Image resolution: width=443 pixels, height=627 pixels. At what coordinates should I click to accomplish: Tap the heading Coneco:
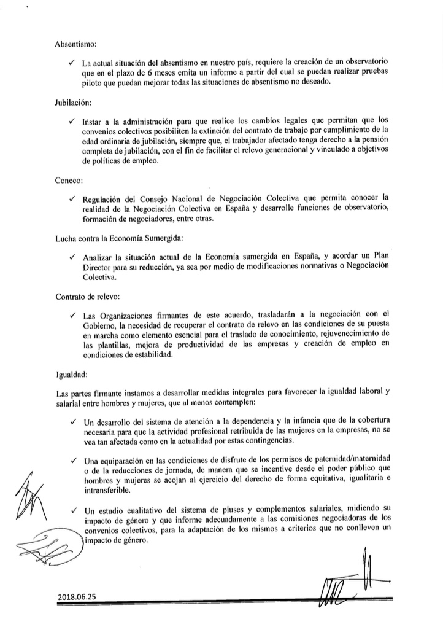point(69,182)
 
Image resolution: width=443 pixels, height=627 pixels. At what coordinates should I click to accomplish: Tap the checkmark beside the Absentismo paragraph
point(73,64)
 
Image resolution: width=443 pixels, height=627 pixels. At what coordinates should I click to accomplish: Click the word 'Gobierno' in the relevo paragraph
point(101,325)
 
